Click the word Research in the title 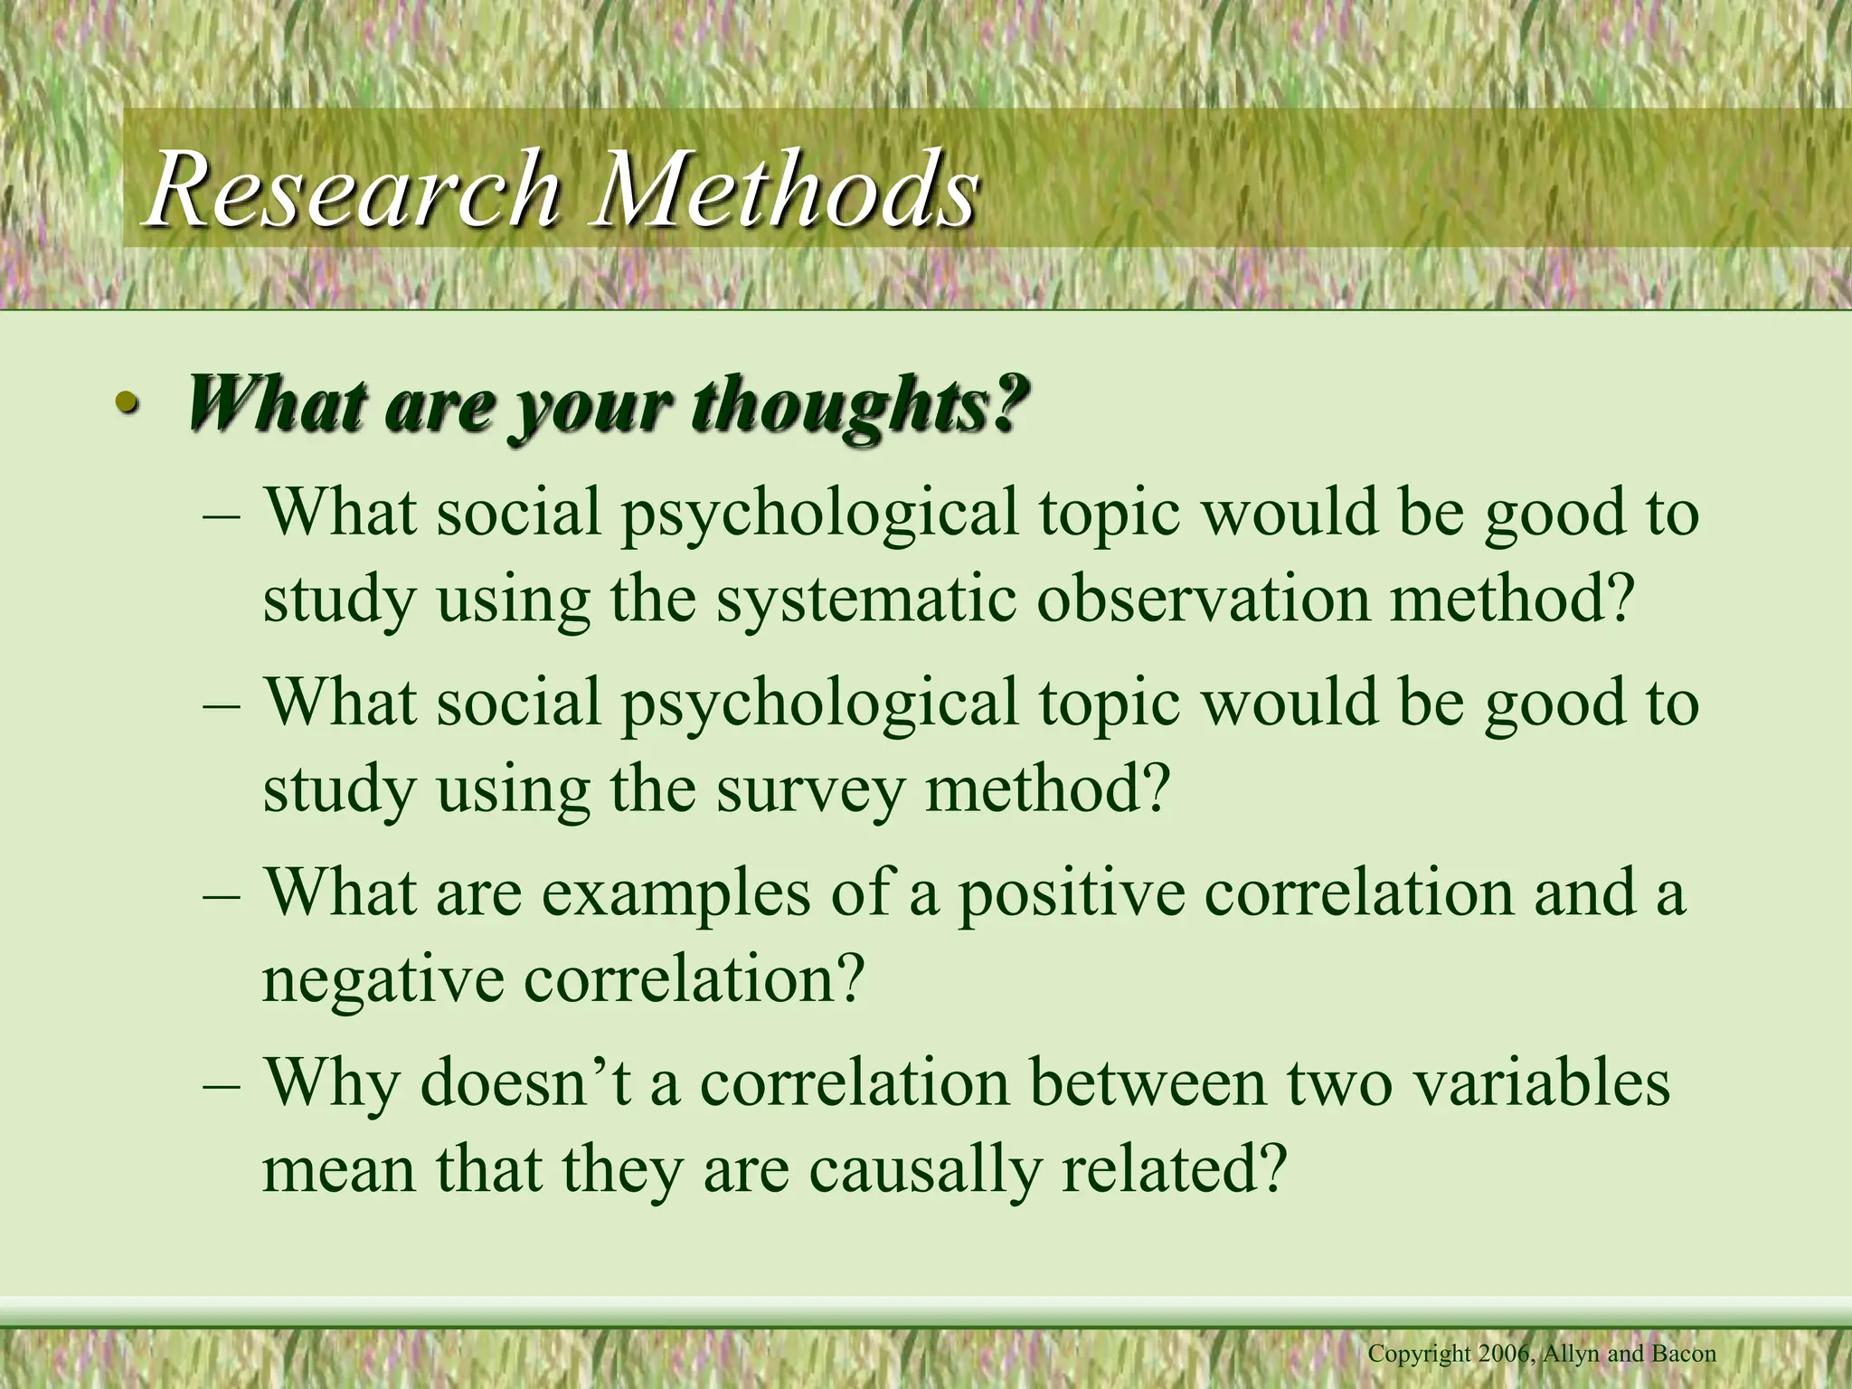click(353, 190)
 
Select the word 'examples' click(676, 893)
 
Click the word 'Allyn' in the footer click(1572, 1355)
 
